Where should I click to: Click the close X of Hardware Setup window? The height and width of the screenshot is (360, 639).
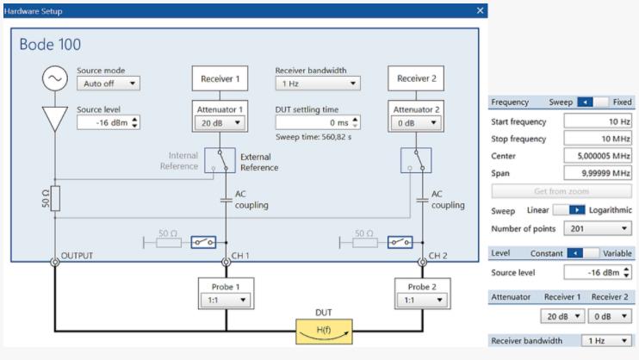click(481, 10)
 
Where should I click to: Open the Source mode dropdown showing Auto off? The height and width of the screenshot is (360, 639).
click(108, 84)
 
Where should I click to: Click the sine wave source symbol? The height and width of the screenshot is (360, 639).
click(54, 79)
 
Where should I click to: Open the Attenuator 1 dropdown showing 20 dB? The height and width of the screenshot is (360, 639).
click(220, 122)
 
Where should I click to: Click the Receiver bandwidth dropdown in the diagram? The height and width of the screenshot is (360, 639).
click(317, 84)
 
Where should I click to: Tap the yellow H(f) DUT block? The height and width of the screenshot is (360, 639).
click(323, 330)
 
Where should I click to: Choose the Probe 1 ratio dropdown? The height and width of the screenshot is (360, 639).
click(226, 301)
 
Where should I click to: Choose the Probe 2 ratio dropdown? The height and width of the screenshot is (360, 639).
click(422, 301)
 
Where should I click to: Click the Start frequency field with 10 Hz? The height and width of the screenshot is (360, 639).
click(598, 121)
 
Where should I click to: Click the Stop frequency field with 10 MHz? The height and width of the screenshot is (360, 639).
click(598, 138)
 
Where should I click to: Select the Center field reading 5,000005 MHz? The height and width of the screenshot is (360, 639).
click(598, 155)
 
